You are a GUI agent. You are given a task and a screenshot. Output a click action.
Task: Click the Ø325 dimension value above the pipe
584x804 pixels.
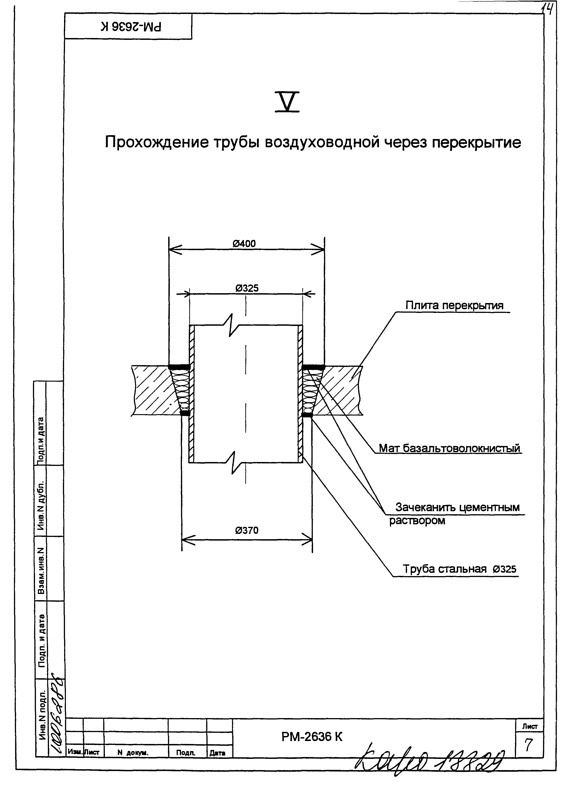tap(247, 288)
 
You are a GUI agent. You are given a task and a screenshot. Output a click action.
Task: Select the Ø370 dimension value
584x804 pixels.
tap(247, 530)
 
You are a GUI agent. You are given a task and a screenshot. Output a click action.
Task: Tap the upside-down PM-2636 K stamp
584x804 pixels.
tap(131, 27)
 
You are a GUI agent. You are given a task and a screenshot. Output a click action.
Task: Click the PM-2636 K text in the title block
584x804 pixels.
tap(312, 737)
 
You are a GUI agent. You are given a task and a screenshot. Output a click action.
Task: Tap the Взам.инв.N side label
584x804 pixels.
tap(41, 571)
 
